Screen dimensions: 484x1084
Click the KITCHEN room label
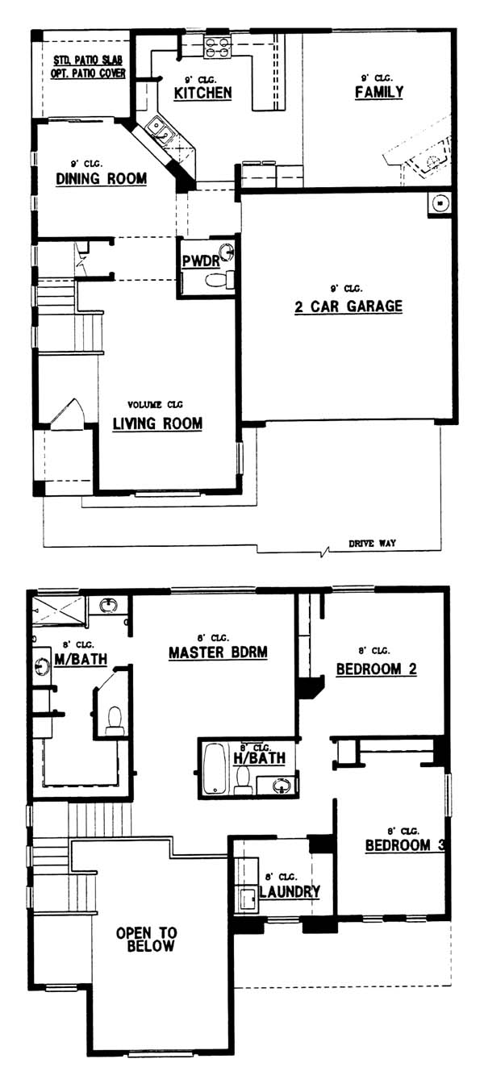202,93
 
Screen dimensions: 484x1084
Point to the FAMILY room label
379,92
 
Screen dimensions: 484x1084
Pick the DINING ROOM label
101,178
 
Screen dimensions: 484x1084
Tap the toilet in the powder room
219,280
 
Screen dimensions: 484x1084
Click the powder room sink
227,252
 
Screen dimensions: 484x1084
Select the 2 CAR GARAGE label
348,306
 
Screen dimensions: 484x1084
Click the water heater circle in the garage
440,204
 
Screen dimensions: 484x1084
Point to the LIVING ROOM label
157,424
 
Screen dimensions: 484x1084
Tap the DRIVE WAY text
372,544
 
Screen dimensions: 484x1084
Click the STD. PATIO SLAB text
88,60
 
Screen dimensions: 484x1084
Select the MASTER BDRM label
218,652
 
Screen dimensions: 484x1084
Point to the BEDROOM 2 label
376,669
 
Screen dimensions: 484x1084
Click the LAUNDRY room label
290,891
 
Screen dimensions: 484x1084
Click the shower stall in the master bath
59,611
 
